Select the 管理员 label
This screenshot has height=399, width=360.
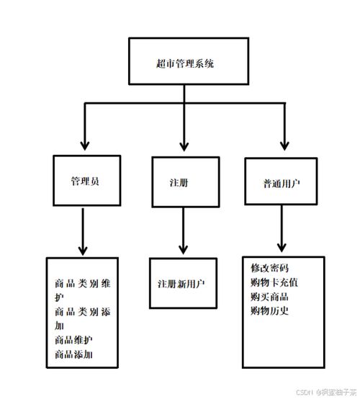click(85, 180)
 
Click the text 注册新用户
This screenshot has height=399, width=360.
click(181, 283)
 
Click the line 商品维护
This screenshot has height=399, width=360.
click(73, 339)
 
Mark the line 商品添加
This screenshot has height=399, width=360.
click(73, 354)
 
